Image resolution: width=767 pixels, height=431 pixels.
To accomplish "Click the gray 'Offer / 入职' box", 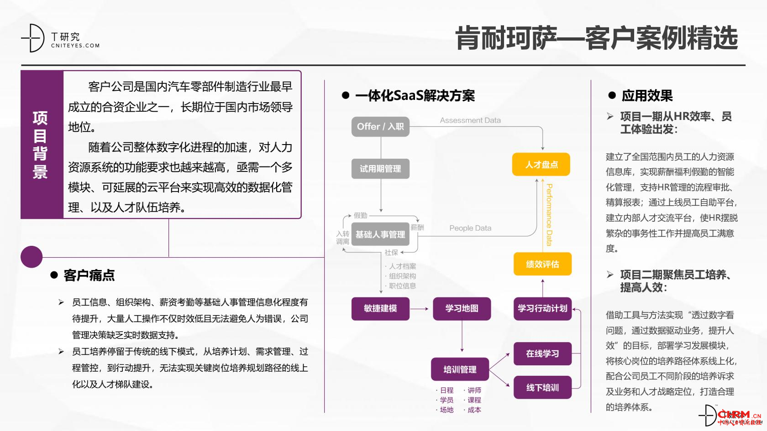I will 380,126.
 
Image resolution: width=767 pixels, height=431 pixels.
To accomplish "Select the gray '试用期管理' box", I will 380,169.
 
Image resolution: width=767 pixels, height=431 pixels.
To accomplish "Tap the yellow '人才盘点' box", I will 541,164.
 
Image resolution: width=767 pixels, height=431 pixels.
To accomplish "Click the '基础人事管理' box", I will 380,234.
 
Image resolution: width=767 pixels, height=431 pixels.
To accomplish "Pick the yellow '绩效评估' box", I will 542,264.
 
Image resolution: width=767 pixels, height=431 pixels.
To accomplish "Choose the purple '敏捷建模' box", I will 380,309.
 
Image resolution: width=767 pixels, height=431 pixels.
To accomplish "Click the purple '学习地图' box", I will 462,309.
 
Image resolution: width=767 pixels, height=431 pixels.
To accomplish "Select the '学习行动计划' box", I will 542,309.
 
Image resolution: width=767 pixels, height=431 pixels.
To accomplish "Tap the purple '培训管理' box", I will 460,369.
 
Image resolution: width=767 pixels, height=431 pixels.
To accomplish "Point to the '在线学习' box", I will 542,353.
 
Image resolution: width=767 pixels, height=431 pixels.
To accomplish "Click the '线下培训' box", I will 542,388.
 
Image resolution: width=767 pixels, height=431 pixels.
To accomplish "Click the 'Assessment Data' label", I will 470,120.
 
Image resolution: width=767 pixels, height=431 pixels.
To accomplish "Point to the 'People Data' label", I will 470,228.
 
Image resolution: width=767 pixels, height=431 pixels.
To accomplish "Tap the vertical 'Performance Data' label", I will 549,214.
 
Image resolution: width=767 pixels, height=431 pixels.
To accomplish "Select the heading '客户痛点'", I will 89,275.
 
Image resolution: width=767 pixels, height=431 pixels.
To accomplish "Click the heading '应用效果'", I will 647,96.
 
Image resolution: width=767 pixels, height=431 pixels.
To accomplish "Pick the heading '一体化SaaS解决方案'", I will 415,96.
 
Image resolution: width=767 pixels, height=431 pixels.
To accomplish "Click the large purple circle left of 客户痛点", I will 32,257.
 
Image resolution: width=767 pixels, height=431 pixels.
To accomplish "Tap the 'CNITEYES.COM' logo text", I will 75,46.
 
